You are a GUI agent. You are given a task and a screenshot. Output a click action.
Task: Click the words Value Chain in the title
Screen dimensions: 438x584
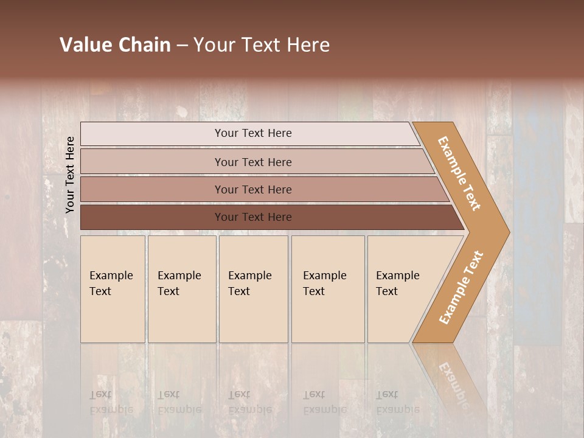click(115, 45)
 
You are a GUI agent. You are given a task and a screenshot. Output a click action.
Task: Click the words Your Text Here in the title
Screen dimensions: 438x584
click(262, 45)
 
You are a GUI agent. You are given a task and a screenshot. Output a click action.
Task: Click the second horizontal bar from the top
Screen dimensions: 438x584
click(252, 162)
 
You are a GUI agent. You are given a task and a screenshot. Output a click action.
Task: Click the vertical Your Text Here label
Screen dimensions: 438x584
click(70, 175)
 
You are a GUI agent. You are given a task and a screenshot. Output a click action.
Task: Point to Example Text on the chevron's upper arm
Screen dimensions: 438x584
click(459, 173)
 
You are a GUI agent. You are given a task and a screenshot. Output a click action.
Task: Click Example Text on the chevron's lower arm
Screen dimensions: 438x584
click(461, 288)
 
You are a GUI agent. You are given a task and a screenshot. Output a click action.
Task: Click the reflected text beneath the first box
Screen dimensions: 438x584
click(111, 402)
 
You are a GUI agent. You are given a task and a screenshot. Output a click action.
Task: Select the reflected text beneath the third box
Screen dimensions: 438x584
click(249, 402)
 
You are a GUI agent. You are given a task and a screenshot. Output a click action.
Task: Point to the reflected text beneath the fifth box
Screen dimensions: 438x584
click(397, 402)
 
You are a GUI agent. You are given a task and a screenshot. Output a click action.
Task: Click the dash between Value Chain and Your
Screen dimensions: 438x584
click(182, 46)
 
